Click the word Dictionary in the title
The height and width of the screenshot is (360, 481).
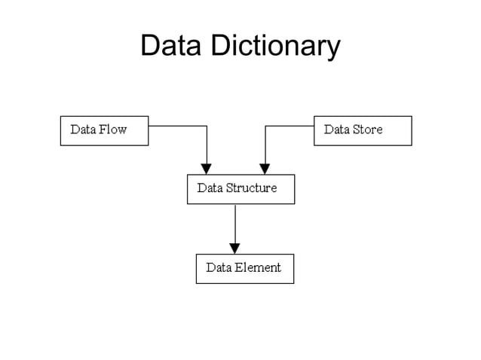coord(275,47)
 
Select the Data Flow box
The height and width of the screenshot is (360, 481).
coord(104,130)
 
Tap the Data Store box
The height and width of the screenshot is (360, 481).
coord(363,130)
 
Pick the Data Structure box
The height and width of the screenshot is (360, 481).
coord(240,189)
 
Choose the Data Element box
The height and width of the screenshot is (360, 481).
coord(244,268)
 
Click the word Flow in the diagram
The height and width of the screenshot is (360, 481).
coord(112,130)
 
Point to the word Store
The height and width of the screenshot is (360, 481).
coord(367,130)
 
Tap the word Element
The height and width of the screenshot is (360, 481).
coord(258,267)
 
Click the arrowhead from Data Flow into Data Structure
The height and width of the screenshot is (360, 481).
coord(207,169)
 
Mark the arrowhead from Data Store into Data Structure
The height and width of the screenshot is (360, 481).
coord(265,169)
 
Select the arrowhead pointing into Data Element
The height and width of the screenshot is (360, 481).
coord(234,248)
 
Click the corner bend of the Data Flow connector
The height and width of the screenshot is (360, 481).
coord(207,126)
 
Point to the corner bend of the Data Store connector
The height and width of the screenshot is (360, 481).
coord(265,126)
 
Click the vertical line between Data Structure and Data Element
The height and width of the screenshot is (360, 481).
coord(234,223)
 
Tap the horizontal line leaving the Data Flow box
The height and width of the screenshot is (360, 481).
coord(177,126)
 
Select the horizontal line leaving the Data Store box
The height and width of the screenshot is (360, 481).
coord(290,126)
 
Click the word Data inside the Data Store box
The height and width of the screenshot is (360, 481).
coord(335,130)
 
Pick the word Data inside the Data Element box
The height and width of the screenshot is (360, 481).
coord(219,267)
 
